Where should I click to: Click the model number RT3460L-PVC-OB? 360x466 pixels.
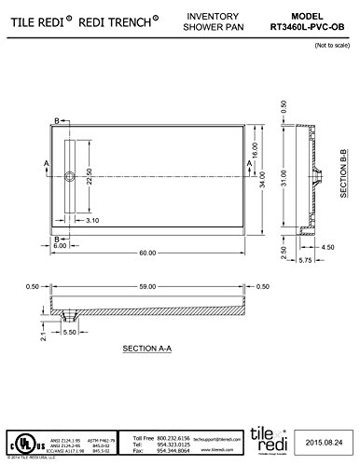(x=314, y=28)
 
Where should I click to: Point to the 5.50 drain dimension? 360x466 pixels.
(x=70, y=331)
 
